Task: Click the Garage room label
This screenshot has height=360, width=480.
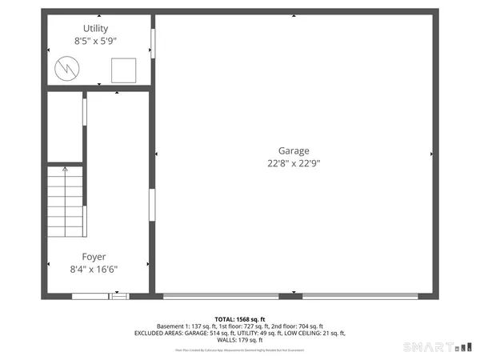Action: point(294,150)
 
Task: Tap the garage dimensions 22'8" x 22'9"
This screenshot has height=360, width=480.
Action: point(294,163)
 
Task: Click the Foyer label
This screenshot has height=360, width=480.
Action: point(94,258)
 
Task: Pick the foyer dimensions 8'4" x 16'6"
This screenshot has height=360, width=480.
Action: point(94,270)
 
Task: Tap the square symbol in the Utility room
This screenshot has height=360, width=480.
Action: point(123,71)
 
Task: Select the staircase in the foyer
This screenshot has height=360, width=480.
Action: point(65,200)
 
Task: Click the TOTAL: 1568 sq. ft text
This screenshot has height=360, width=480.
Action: point(240,318)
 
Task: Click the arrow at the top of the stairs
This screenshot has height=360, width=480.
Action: point(65,170)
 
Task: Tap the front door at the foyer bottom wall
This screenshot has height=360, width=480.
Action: point(100,297)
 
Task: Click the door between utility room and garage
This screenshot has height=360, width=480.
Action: point(152,44)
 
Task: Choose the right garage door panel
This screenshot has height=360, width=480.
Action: point(359,297)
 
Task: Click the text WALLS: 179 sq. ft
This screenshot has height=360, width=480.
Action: point(240,342)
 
